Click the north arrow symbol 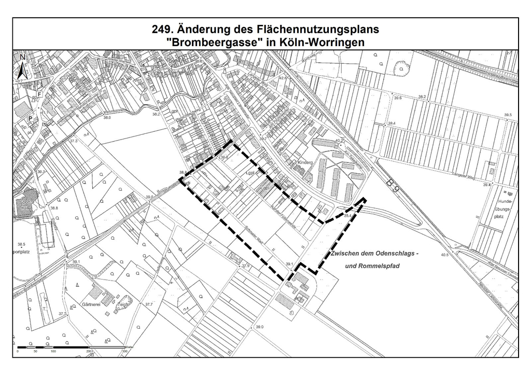[22, 66]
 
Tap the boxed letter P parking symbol [30, 118]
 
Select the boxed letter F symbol [39, 94]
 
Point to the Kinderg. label [306, 162]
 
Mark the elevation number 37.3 [73, 141]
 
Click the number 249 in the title [161, 30]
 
